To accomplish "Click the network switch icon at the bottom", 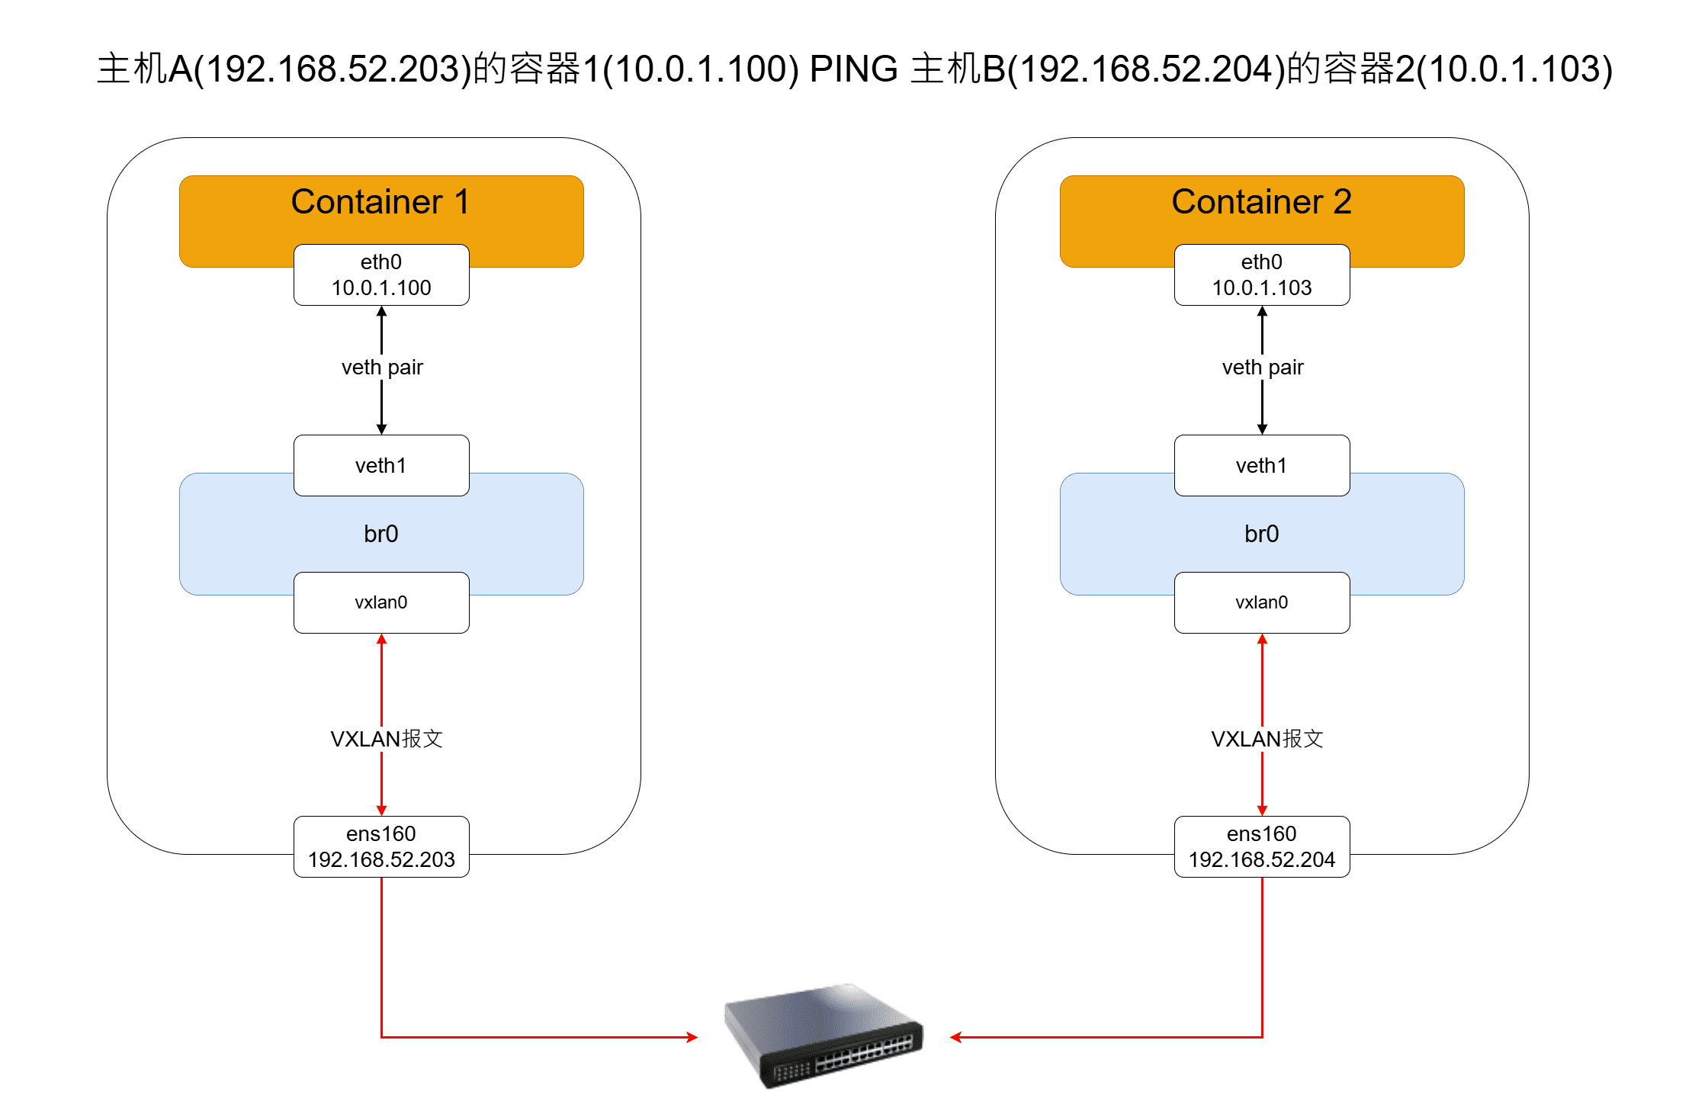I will pos(823,1035).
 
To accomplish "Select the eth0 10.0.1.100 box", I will pos(381,275).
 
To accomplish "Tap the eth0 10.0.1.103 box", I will pos(1262,275).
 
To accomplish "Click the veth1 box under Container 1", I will pos(381,465).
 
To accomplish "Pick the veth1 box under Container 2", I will pos(1262,465).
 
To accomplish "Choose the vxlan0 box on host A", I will pos(381,602).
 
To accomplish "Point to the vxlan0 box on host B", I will pos(1262,602).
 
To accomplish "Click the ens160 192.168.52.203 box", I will pos(381,846).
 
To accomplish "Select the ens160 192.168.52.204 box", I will pos(1262,846).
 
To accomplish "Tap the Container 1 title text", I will pos(380,202).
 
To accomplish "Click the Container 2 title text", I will pos(1261,202).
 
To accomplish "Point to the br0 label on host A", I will pos(381,534).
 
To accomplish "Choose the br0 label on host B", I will pos(1262,534).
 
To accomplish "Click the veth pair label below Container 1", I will pos(382,368).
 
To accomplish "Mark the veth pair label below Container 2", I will pos(1263,368).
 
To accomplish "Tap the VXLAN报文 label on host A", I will pos(387,739).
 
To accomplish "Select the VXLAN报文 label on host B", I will pos(1267,739).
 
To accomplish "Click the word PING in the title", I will pos(853,69).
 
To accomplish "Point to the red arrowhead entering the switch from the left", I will pos(692,1037).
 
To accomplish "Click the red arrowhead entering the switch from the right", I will pos(955,1037).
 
